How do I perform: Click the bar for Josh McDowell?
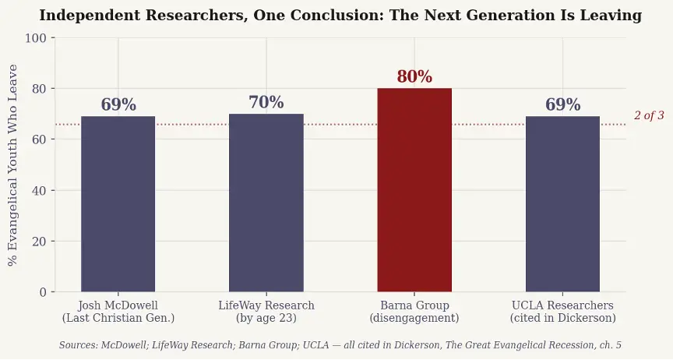click(x=118, y=204)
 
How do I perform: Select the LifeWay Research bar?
click(x=266, y=203)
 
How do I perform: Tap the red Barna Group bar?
click(x=414, y=190)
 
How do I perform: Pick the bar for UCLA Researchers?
click(x=562, y=204)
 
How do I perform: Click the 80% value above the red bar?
click(x=414, y=77)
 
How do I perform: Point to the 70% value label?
click(x=266, y=103)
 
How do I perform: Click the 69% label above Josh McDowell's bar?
click(x=118, y=105)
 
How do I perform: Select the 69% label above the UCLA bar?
click(x=562, y=105)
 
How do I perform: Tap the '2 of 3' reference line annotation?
click(x=649, y=115)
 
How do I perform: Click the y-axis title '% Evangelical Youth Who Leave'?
click(x=13, y=164)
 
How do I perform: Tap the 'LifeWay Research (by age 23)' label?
click(x=266, y=312)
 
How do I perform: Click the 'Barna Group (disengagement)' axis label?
click(x=414, y=312)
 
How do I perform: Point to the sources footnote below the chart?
click(x=340, y=344)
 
